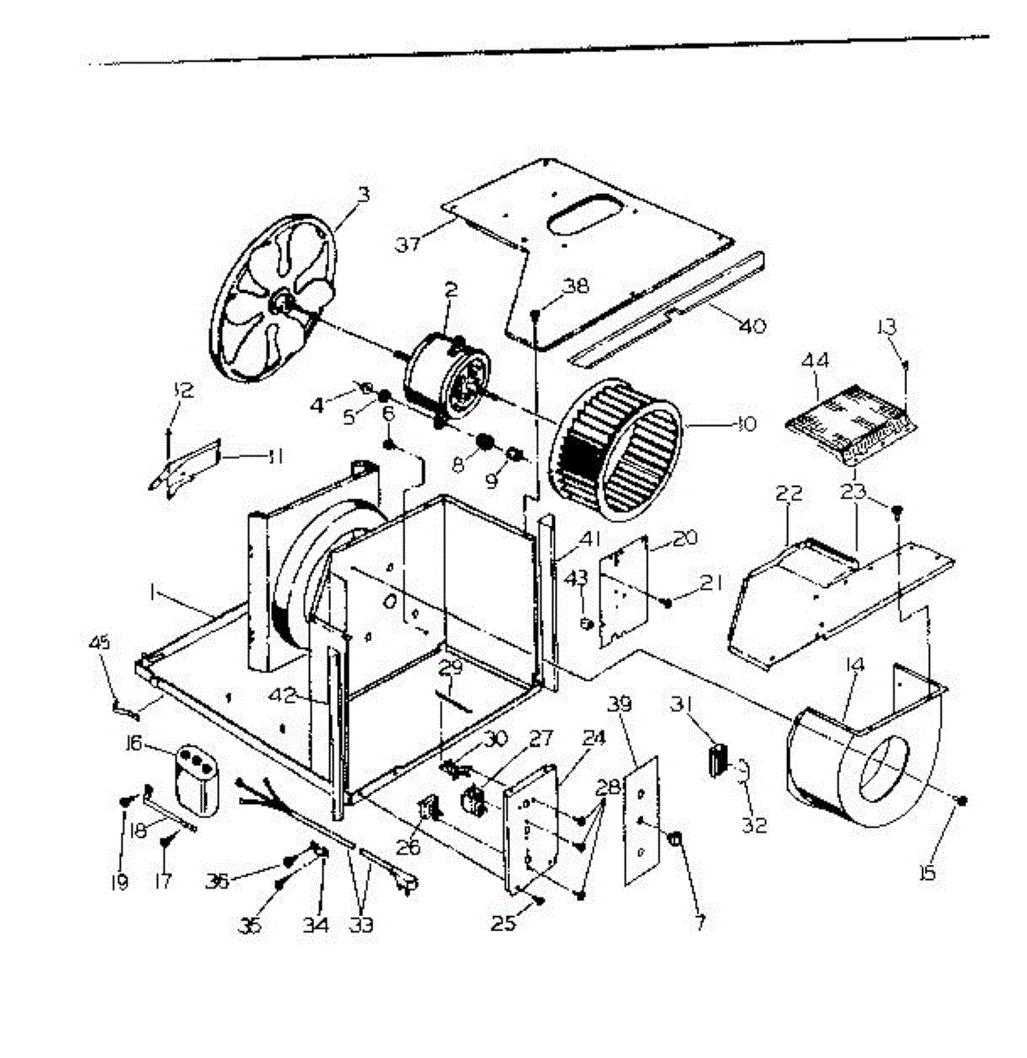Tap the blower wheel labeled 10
617,449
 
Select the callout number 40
753,326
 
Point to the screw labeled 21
667,603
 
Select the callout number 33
361,925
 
